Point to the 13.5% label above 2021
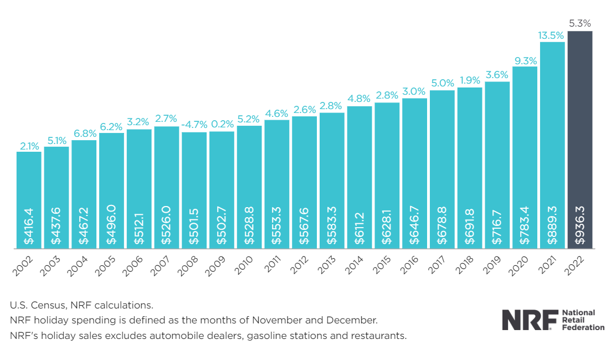click(552, 35)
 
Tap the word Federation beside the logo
click(583, 327)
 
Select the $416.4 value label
click(29, 227)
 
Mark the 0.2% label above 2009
click(222, 125)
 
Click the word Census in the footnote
click(46, 305)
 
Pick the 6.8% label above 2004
click(84, 133)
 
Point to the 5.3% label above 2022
click(580, 24)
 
